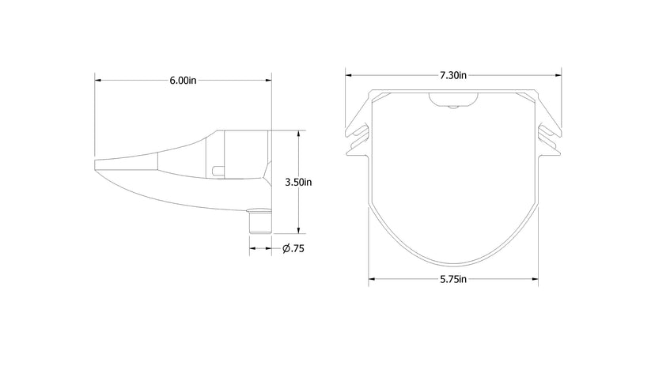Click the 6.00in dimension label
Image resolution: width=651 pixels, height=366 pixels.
point(183,81)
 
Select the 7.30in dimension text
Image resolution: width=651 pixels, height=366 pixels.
point(453,76)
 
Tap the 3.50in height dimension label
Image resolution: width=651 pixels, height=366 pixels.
point(297,182)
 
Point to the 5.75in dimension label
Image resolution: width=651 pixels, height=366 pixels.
point(453,279)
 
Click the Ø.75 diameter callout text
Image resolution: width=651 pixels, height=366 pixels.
point(294,249)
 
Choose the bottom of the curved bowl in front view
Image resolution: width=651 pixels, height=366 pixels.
point(453,262)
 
